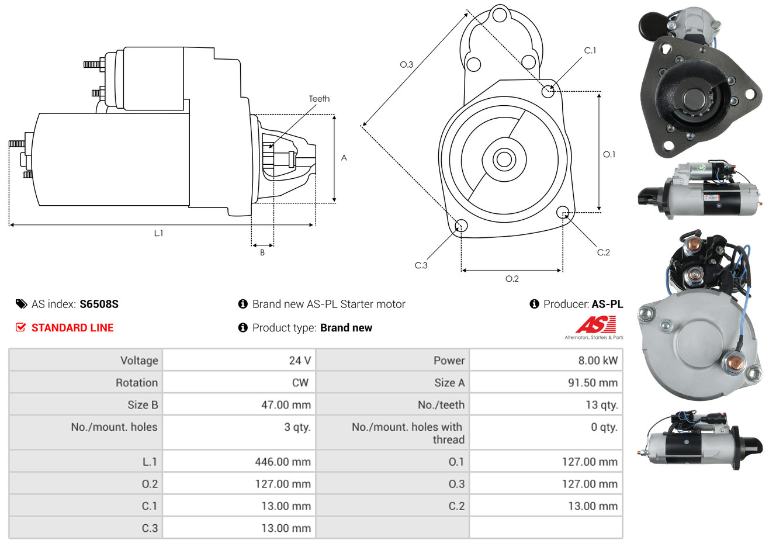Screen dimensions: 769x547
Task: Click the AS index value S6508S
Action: [x=99, y=304]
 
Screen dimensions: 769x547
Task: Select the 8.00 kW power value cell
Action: [x=598, y=360]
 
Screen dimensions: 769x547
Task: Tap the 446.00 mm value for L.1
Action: [x=283, y=462]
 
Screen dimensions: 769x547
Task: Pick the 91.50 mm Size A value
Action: [x=593, y=383]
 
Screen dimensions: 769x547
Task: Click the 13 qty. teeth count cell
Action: [x=602, y=405]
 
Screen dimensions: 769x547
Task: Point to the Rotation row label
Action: [x=137, y=383]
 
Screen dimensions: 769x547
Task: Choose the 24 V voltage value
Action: [x=300, y=360]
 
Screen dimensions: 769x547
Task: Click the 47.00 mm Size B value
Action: [x=286, y=405]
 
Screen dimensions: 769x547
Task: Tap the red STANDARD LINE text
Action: [x=72, y=328]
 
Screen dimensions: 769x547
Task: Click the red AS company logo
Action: [x=595, y=325]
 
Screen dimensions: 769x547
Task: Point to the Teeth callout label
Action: [x=319, y=99]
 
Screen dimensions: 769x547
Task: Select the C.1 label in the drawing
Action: [x=590, y=50]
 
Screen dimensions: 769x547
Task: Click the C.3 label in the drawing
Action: [x=421, y=265]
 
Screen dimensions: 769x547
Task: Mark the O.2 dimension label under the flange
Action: [x=512, y=279]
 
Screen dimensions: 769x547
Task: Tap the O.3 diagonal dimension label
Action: [x=407, y=64]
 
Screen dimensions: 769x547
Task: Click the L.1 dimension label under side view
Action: [x=158, y=234]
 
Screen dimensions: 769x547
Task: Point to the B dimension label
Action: [x=262, y=252]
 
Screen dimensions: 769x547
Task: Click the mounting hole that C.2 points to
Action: [x=563, y=212]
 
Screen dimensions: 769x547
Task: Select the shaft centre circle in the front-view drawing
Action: [x=504, y=160]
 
